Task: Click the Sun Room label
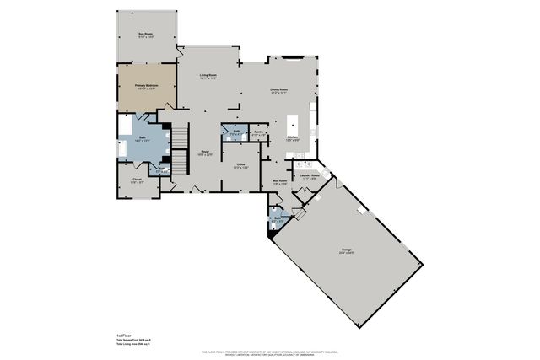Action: [x=145, y=35]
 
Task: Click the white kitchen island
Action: [x=295, y=120]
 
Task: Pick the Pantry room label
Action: [x=262, y=132]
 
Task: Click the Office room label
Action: [x=240, y=164]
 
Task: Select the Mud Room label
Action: [x=279, y=181]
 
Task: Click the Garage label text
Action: [x=346, y=250]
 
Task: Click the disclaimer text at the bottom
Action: [x=269, y=352]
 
